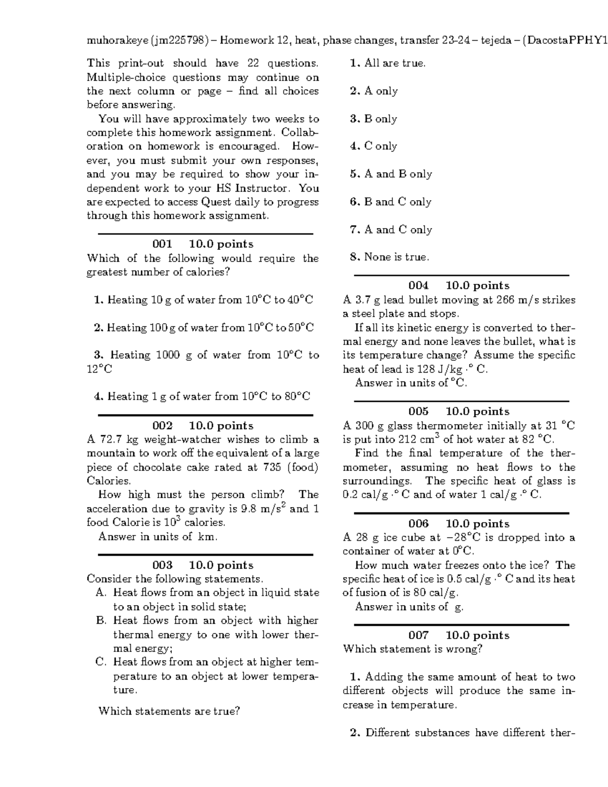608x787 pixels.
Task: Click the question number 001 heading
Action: coord(162,244)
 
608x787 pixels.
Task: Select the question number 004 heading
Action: coord(418,286)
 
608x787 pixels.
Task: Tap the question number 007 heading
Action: coord(418,635)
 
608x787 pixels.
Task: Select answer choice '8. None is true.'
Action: coord(389,257)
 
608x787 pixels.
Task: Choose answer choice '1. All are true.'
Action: coord(388,63)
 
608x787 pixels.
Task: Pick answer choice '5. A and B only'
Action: coord(391,174)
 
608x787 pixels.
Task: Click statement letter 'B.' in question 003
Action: coord(100,621)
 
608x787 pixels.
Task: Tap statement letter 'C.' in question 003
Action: coord(100,662)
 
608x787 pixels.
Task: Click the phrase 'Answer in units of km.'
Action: coord(158,537)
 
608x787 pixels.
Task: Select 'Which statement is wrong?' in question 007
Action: coord(412,649)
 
